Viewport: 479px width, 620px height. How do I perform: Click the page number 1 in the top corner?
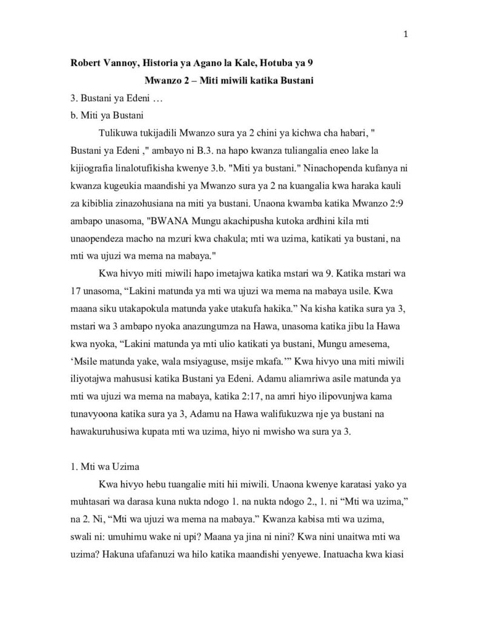tap(405, 34)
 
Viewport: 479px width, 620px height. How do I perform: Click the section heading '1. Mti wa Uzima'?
tap(104, 469)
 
